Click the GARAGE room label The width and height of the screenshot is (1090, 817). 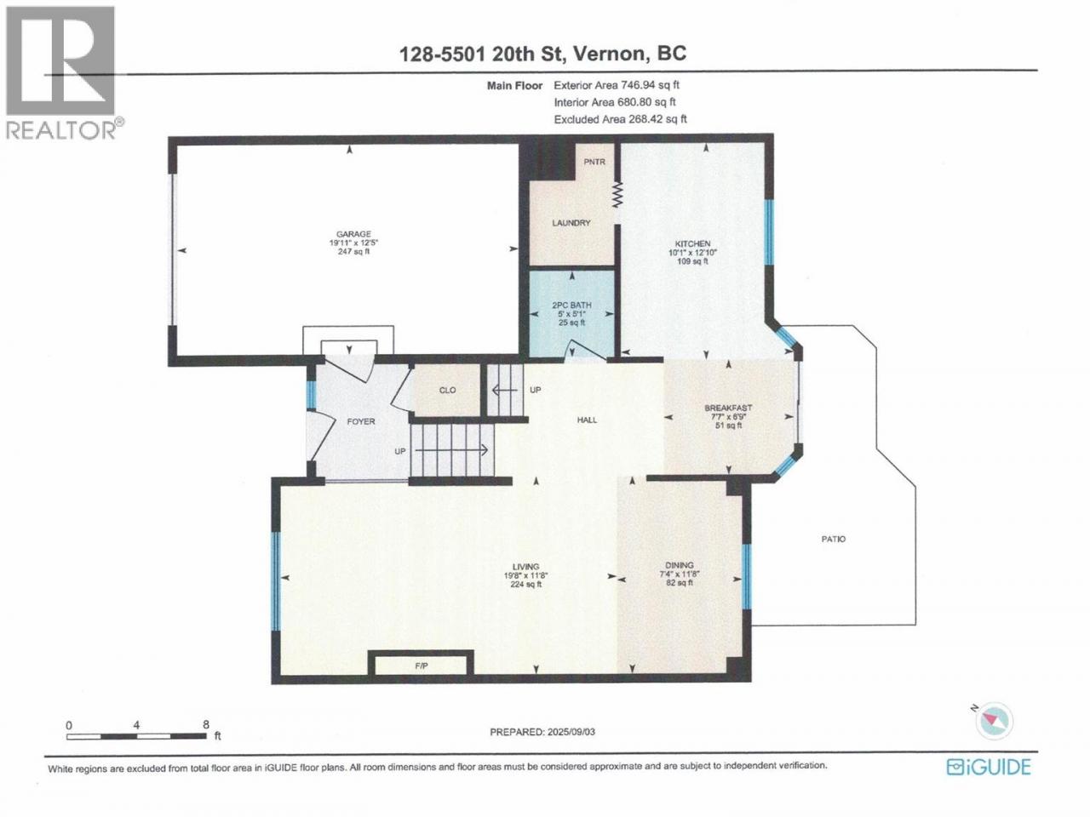(353, 234)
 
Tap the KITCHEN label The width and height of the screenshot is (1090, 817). (692, 243)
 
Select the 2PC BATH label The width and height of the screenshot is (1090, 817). (572, 306)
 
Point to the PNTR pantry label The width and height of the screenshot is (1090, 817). (594, 162)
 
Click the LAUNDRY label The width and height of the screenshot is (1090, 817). (571, 223)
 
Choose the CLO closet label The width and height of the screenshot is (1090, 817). (447, 390)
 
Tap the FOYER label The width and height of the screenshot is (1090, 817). (361, 421)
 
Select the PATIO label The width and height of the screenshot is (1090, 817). (834, 539)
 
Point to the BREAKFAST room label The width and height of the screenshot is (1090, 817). (728, 408)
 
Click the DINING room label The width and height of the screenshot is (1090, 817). (680, 565)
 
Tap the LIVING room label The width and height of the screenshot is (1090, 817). (526, 567)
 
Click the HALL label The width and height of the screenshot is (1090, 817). (587, 420)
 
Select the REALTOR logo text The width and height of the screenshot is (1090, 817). (61, 130)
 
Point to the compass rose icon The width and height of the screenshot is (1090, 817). (994, 721)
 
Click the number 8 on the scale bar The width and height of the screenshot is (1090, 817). (206, 724)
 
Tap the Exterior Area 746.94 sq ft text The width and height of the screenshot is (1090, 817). (617, 85)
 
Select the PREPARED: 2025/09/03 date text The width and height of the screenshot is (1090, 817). (542, 732)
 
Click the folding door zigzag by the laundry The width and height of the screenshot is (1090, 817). (617, 194)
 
